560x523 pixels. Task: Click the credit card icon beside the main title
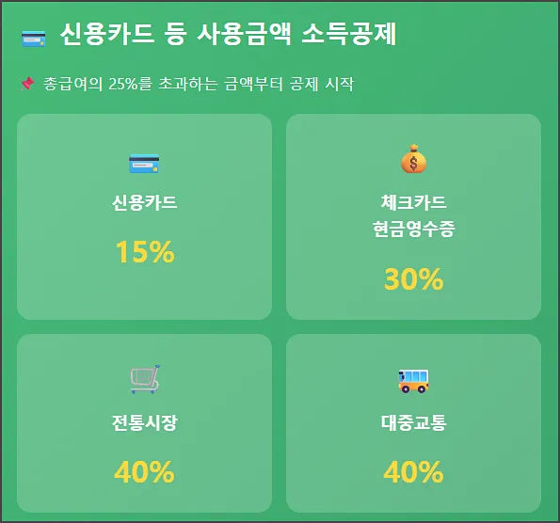[x=33, y=39]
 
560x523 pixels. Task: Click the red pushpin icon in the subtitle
[x=27, y=84]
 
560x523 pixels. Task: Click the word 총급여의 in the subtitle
[x=73, y=84]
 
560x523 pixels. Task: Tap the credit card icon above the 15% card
[x=144, y=164]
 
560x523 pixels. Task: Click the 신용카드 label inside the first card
[x=144, y=202]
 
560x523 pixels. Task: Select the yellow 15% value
[x=144, y=252]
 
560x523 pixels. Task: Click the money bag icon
[x=413, y=160]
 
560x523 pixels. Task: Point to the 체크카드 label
[x=413, y=202]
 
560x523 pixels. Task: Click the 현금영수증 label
[x=413, y=229]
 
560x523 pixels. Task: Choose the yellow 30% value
[x=413, y=279]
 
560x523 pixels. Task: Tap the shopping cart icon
[x=144, y=379]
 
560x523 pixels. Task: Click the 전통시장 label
[x=144, y=422]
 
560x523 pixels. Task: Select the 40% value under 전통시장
[x=144, y=471]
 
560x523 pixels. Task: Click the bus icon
[x=413, y=380]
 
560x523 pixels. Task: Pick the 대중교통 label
[x=413, y=422]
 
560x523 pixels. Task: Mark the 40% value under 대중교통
[x=413, y=471]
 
